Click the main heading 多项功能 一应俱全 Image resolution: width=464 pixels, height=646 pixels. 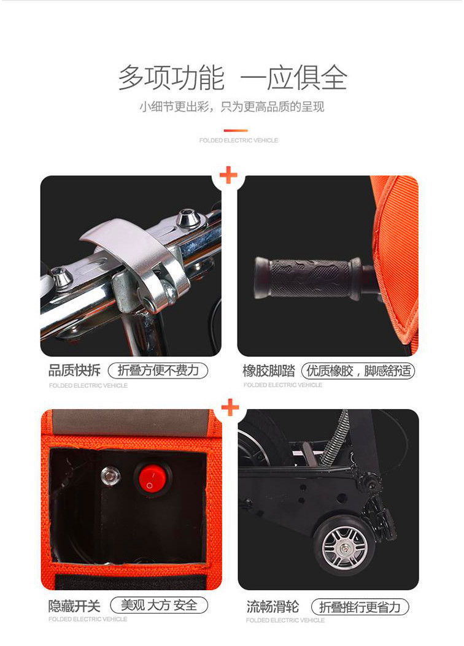click(233, 77)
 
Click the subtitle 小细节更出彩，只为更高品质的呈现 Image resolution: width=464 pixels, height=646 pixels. click(232, 107)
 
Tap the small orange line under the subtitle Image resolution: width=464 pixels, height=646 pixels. click(236, 131)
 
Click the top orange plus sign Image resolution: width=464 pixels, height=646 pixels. click(229, 175)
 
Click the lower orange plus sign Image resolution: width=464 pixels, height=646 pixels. click(230, 407)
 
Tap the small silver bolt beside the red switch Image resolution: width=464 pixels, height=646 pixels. click(110, 476)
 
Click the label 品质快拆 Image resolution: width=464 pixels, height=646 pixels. click(74, 371)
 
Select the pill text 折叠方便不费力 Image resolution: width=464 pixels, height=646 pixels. click(158, 371)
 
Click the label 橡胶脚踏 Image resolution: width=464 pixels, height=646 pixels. click(269, 371)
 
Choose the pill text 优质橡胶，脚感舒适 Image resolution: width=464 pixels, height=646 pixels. click(358, 371)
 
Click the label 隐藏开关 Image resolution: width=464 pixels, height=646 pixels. click(74, 606)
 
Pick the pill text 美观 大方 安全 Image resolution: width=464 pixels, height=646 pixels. click(159, 606)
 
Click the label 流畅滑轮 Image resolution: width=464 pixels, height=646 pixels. click(273, 607)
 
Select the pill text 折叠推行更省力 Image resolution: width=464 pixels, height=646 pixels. click(360, 607)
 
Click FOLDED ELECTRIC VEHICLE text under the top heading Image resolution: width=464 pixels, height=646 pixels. click(239, 140)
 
